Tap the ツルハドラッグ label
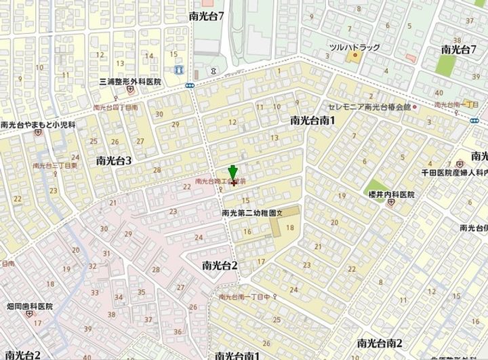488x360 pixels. [x=354, y=48]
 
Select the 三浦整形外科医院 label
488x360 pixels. [x=129, y=81]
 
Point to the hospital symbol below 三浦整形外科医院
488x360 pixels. [x=129, y=90]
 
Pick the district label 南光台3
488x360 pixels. [x=114, y=161]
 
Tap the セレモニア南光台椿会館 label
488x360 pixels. [x=369, y=107]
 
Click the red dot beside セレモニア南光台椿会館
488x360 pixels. [x=415, y=107]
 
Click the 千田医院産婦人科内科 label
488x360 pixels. [x=455, y=174]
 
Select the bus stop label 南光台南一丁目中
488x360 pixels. [x=245, y=297]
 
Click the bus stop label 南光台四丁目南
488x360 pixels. [x=115, y=107]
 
